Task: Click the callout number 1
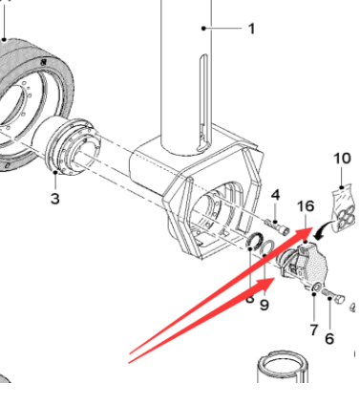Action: pyautogui.click(x=251, y=29)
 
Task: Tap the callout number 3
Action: pyautogui.click(x=55, y=199)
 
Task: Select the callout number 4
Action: pyautogui.click(x=275, y=195)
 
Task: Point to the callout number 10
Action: pyautogui.click(x=342, y=159)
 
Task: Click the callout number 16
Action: pyautogui.click(x=306, y=206)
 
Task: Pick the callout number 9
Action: pyautogui.click(x=265, y=305)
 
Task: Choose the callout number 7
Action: pyautogui.click(x=314, y=330)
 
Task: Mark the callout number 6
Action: pyautogui.click(x=329, y=338)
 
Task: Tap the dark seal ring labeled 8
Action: pyautogui.click(x=256, y=241)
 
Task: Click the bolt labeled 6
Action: pyautogui.click(x=333, y=295)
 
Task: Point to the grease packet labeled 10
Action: pyautogui.click(x=343, y=209)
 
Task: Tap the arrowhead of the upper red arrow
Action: pyautogui.click(x=303, y=233)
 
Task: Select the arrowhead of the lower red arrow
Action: pyautogui.click(x=266, y=283)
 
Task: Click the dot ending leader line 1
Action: pyautogui.click(x=203, y=29)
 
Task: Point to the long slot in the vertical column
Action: pyautogui.click(x=203, y=102)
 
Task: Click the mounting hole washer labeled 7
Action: pyautogui.click(x=316, y=288)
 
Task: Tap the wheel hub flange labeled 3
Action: pyautogui.click(x=74, y=146)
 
